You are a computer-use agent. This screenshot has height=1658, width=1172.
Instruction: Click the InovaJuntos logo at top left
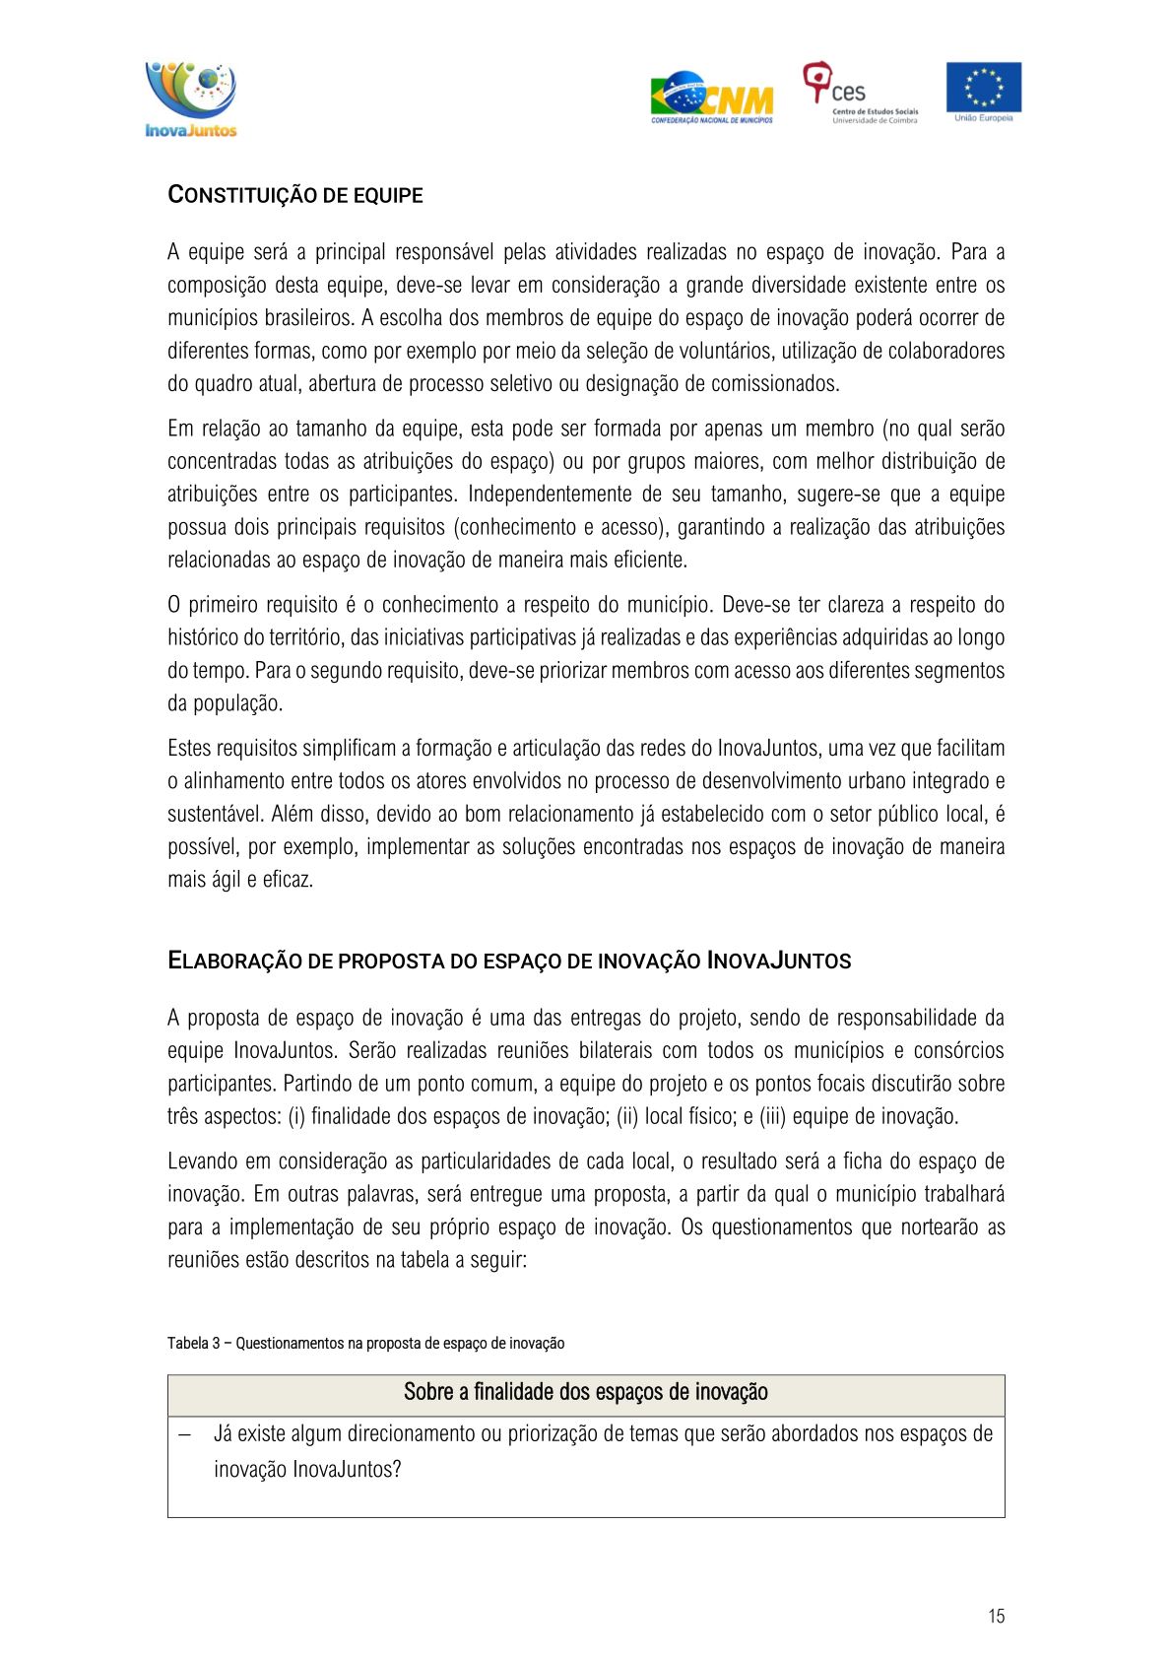tap(191, 99)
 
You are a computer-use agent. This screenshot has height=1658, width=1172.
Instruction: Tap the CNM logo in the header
tap(711, 98)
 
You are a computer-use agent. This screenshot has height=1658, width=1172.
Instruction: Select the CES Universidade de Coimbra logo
tap(860, 94)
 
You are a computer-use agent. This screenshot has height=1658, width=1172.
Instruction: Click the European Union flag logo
tap(983, 91)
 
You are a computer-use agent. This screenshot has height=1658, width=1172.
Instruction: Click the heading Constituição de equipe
tap(295, 195)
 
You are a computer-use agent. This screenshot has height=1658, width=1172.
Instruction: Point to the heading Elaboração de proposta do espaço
tap(509, 961)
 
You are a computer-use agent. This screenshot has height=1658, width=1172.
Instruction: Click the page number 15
tap(996, 1616)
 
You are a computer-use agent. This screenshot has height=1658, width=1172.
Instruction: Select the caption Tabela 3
tap(365, 1343)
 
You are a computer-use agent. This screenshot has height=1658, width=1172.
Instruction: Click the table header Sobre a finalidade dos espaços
tap(585, 1392)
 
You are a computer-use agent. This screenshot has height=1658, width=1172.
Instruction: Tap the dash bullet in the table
tap(184, 1434)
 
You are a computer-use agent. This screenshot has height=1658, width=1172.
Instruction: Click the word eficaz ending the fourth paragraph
tap(288, 880)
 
